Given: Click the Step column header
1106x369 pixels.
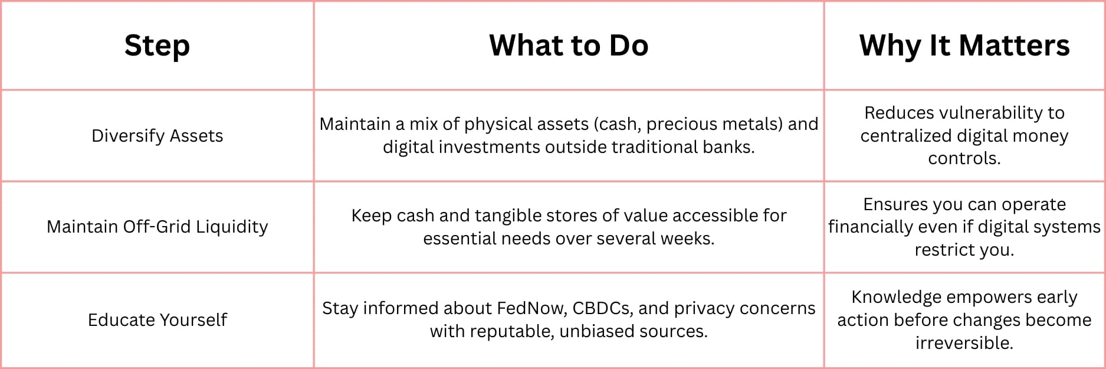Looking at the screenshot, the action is [157, 46].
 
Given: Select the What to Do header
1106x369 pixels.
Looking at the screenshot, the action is [569, 45].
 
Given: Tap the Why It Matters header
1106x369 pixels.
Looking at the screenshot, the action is [964, 46].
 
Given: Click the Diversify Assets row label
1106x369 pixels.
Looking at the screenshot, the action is [157, 136].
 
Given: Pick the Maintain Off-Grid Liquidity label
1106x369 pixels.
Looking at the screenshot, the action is [157, 227].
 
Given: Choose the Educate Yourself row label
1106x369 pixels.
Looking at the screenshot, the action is [157, 319].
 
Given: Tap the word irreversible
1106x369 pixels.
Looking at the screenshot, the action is [964, 342].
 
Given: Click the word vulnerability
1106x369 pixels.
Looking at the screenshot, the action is [987, 113].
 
